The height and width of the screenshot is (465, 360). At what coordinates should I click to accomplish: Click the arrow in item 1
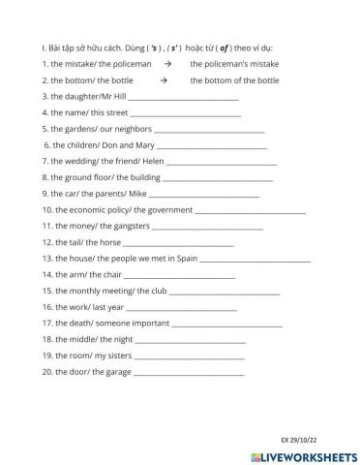pos(167,63)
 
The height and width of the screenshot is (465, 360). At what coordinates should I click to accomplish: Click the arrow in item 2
pos(167,79)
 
